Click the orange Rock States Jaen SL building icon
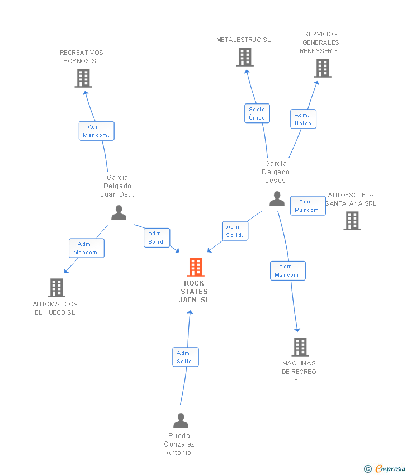195,267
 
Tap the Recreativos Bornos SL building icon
83,78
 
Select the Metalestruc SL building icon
244,57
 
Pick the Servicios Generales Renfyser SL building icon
323,68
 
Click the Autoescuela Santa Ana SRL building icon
352,221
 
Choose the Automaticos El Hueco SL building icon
56,288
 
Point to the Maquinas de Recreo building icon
300,347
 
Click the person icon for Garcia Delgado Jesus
277,199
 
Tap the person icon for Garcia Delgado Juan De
119,213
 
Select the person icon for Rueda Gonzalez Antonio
181,420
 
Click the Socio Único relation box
257,113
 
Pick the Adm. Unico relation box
303,119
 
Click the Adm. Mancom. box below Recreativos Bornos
96,131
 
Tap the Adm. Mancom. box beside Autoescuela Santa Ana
307,206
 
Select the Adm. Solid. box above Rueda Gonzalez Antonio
185,357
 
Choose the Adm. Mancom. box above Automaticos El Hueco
86,248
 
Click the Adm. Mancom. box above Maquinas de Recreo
287,270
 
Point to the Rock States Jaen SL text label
194,291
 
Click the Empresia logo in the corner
385,468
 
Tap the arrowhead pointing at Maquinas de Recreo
297,330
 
